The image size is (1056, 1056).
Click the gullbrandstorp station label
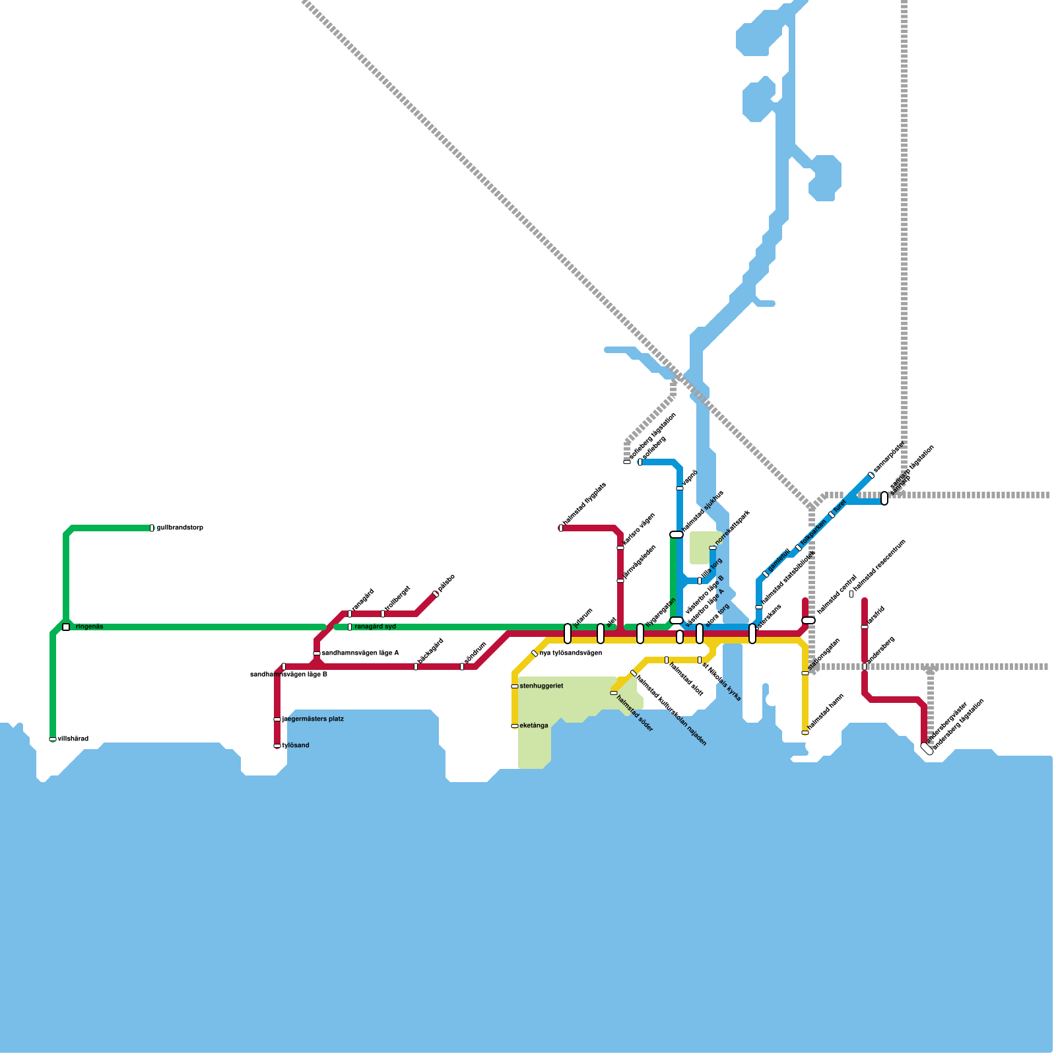point(180,528)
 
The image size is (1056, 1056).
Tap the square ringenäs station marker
point(66,627)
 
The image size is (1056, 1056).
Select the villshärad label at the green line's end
point(73,739)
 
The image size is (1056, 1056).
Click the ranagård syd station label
point(375,627)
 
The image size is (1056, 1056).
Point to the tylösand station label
point(296,746)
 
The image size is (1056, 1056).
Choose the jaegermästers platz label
point(313,719)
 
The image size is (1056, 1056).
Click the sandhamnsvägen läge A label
point(360,653)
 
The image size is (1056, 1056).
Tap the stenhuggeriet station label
point(541,686)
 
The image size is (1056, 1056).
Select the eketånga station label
point(534,726)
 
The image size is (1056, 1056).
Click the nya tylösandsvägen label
point(571,653)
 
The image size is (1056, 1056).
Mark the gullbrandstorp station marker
point(152,528)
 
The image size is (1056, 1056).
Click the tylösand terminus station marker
point(277,746)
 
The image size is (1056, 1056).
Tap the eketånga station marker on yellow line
point(515,726)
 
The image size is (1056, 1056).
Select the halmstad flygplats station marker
point(561,528)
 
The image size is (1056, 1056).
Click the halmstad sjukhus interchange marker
point(676,535)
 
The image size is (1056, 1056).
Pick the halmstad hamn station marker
point(805,733)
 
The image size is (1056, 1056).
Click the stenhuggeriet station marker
point(515,686)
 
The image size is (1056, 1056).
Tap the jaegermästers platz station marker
point(277,719)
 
